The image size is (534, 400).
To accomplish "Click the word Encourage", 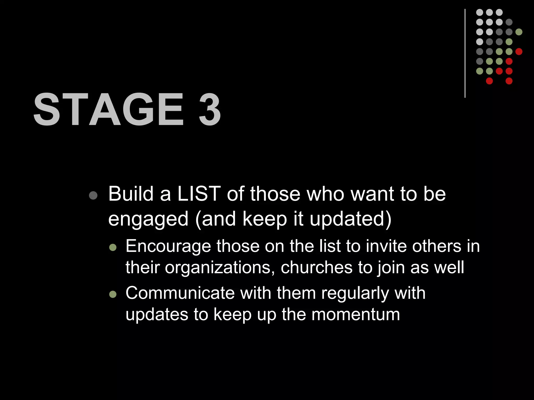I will click(x=168, y=246).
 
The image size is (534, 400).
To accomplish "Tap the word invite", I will click(x=386, y=246).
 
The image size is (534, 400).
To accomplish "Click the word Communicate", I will click(x=180, y=293).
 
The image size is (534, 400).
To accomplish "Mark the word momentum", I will click(x=356, y=315).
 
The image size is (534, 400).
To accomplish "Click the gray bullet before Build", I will click(x=93, y=196).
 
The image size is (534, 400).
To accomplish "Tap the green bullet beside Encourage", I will click(x=113, y=247).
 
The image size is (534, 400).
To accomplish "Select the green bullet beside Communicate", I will click(x=113, y=294).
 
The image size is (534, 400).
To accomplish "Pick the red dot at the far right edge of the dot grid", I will click(x=519, y=52).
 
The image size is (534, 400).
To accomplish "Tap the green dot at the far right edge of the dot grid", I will click(x=519, y=32).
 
